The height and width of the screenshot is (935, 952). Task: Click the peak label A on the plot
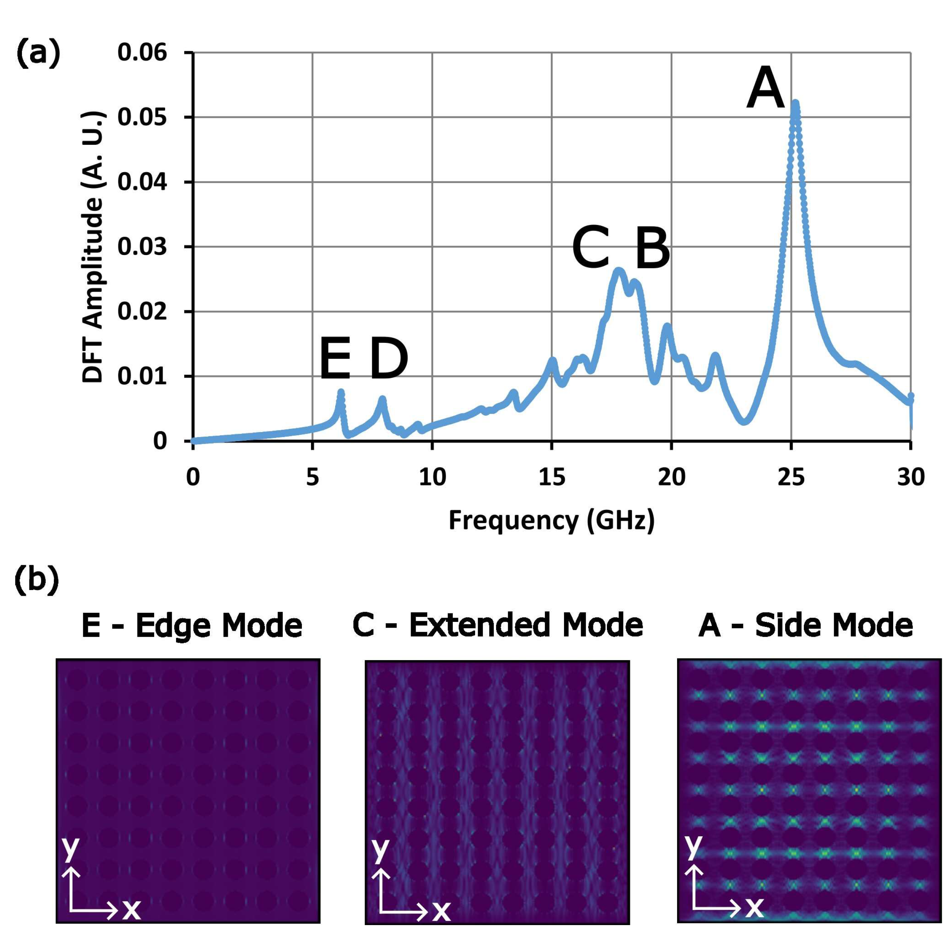(x=765, y=89)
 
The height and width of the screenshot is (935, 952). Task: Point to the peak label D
(x=389, y=360)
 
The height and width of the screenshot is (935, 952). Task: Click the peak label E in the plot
(x=336, y=360)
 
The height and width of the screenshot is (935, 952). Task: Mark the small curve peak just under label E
(x=340, y=392)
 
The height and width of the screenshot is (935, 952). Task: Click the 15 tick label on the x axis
(x=552, y=477)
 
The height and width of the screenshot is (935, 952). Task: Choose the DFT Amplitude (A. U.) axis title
(x=93, y=247)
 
